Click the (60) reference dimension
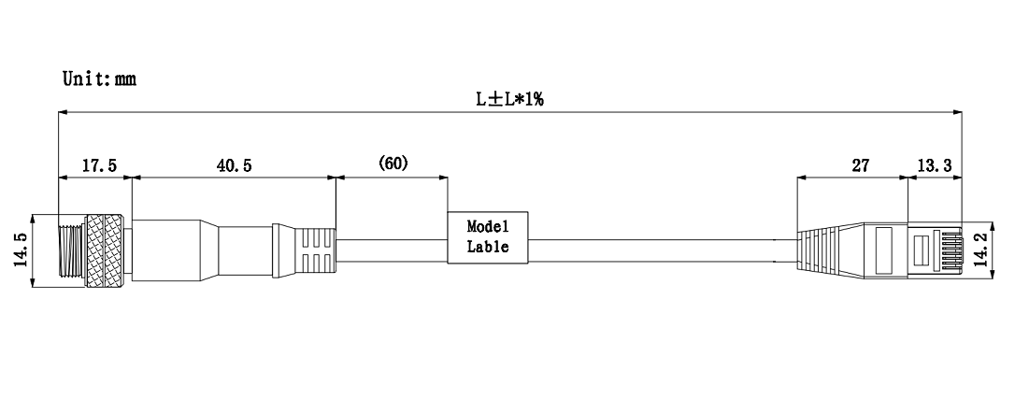click(393, 164)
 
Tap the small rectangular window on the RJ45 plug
click(921, 250)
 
